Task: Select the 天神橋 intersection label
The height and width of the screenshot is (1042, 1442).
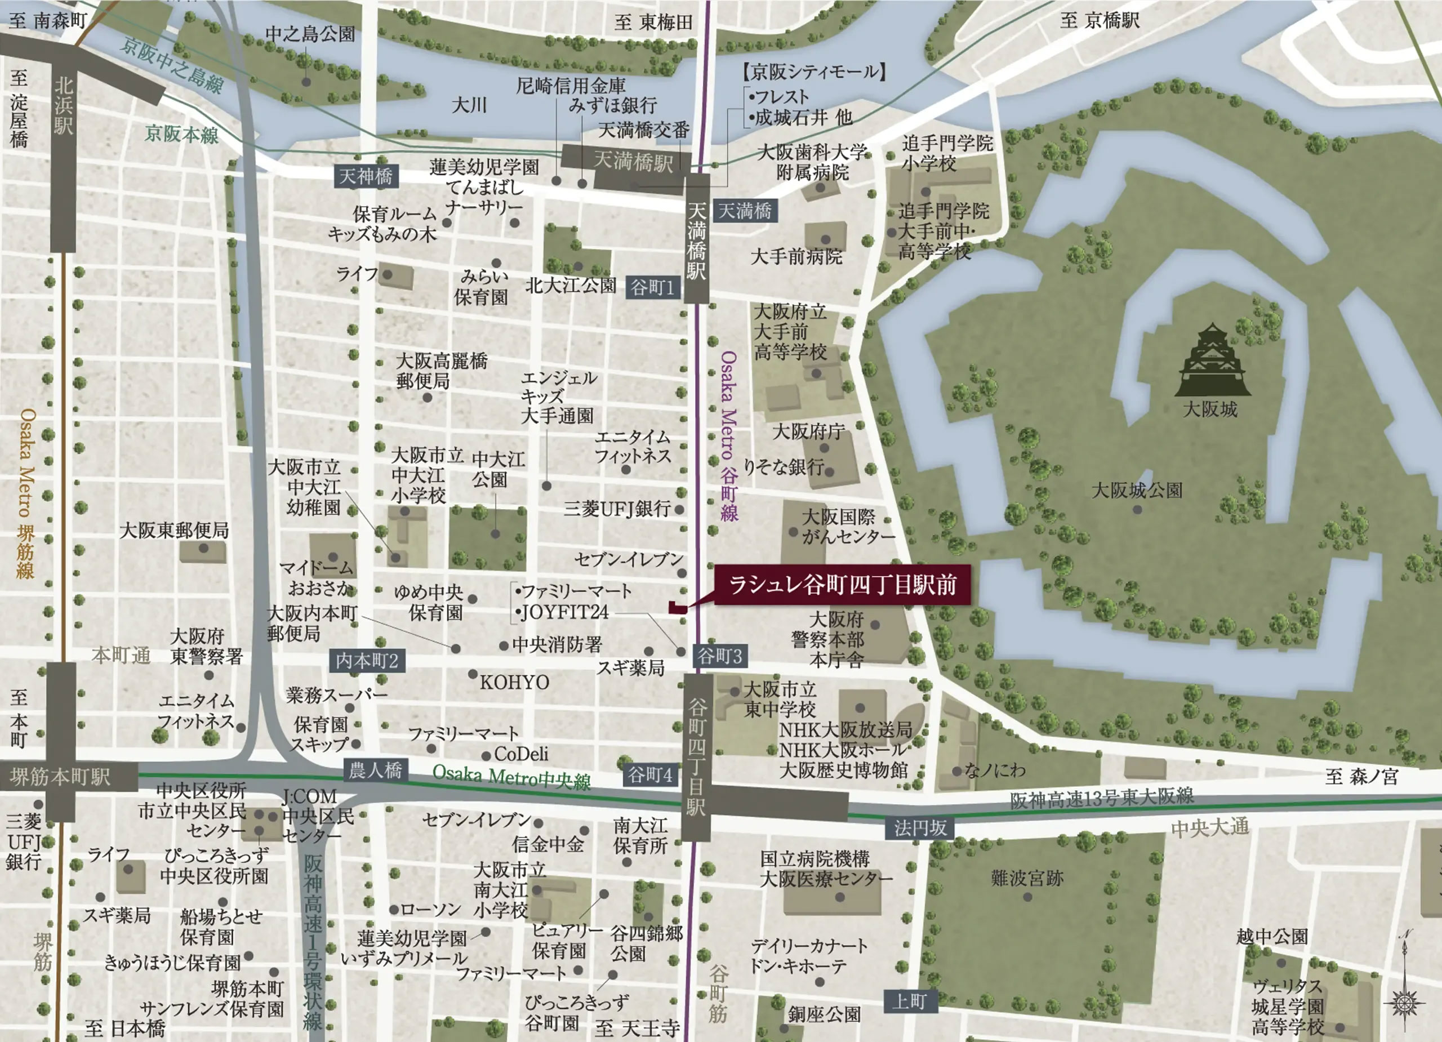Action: coord(366,176)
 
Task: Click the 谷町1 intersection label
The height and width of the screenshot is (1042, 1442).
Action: coord(652,288)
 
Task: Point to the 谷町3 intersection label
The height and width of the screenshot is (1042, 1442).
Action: coord(720,656)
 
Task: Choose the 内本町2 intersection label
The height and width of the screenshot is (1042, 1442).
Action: coord(367,661)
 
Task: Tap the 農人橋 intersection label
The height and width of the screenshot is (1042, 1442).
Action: coord(375,771)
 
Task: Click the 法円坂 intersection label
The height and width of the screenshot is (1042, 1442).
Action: coord(920,828)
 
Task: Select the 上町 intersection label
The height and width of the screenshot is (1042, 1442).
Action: coord(909,1002)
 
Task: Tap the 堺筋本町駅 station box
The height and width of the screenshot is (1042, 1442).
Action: coord(60,777)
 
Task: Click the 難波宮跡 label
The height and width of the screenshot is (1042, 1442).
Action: coord(1027,879)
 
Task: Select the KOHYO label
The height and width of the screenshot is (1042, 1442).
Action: coord(514,682)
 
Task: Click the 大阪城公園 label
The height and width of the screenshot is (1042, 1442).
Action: coord(1137,490)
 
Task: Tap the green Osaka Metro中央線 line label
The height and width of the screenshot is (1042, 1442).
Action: coord(511,777)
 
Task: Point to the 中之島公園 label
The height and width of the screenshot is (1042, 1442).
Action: coord(310,34)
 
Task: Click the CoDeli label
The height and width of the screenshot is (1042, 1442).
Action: coord(520,754)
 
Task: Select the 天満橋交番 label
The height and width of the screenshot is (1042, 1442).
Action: coord(643,130)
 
